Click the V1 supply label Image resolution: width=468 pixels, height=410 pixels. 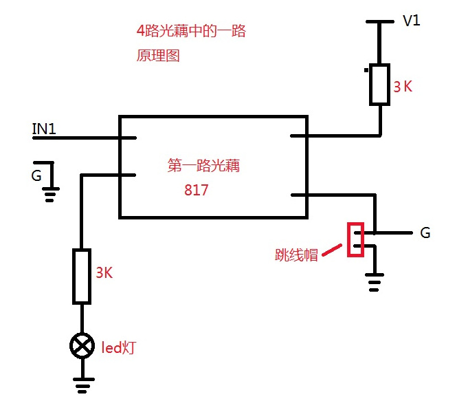click(411, 21)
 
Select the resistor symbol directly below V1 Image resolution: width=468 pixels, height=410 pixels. click(379, 85)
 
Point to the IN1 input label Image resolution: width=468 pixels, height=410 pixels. click(44, 128)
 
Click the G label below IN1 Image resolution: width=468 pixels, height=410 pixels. click(36, 175)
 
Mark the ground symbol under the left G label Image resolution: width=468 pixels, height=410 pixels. click(49, 192)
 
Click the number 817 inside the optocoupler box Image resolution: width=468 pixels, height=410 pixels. click(196, 191)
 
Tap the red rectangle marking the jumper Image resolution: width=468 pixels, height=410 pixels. click(355, 239)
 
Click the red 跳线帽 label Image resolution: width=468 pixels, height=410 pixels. click(296, 255)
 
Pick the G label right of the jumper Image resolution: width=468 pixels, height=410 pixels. click(425, 233)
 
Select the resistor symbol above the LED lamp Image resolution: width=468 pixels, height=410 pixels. click(82, 277)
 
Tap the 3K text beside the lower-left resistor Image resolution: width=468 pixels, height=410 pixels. click(104, 272)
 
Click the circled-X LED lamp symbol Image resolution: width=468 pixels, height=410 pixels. click(82, 346)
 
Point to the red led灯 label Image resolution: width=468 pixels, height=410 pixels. click(119, 349)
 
